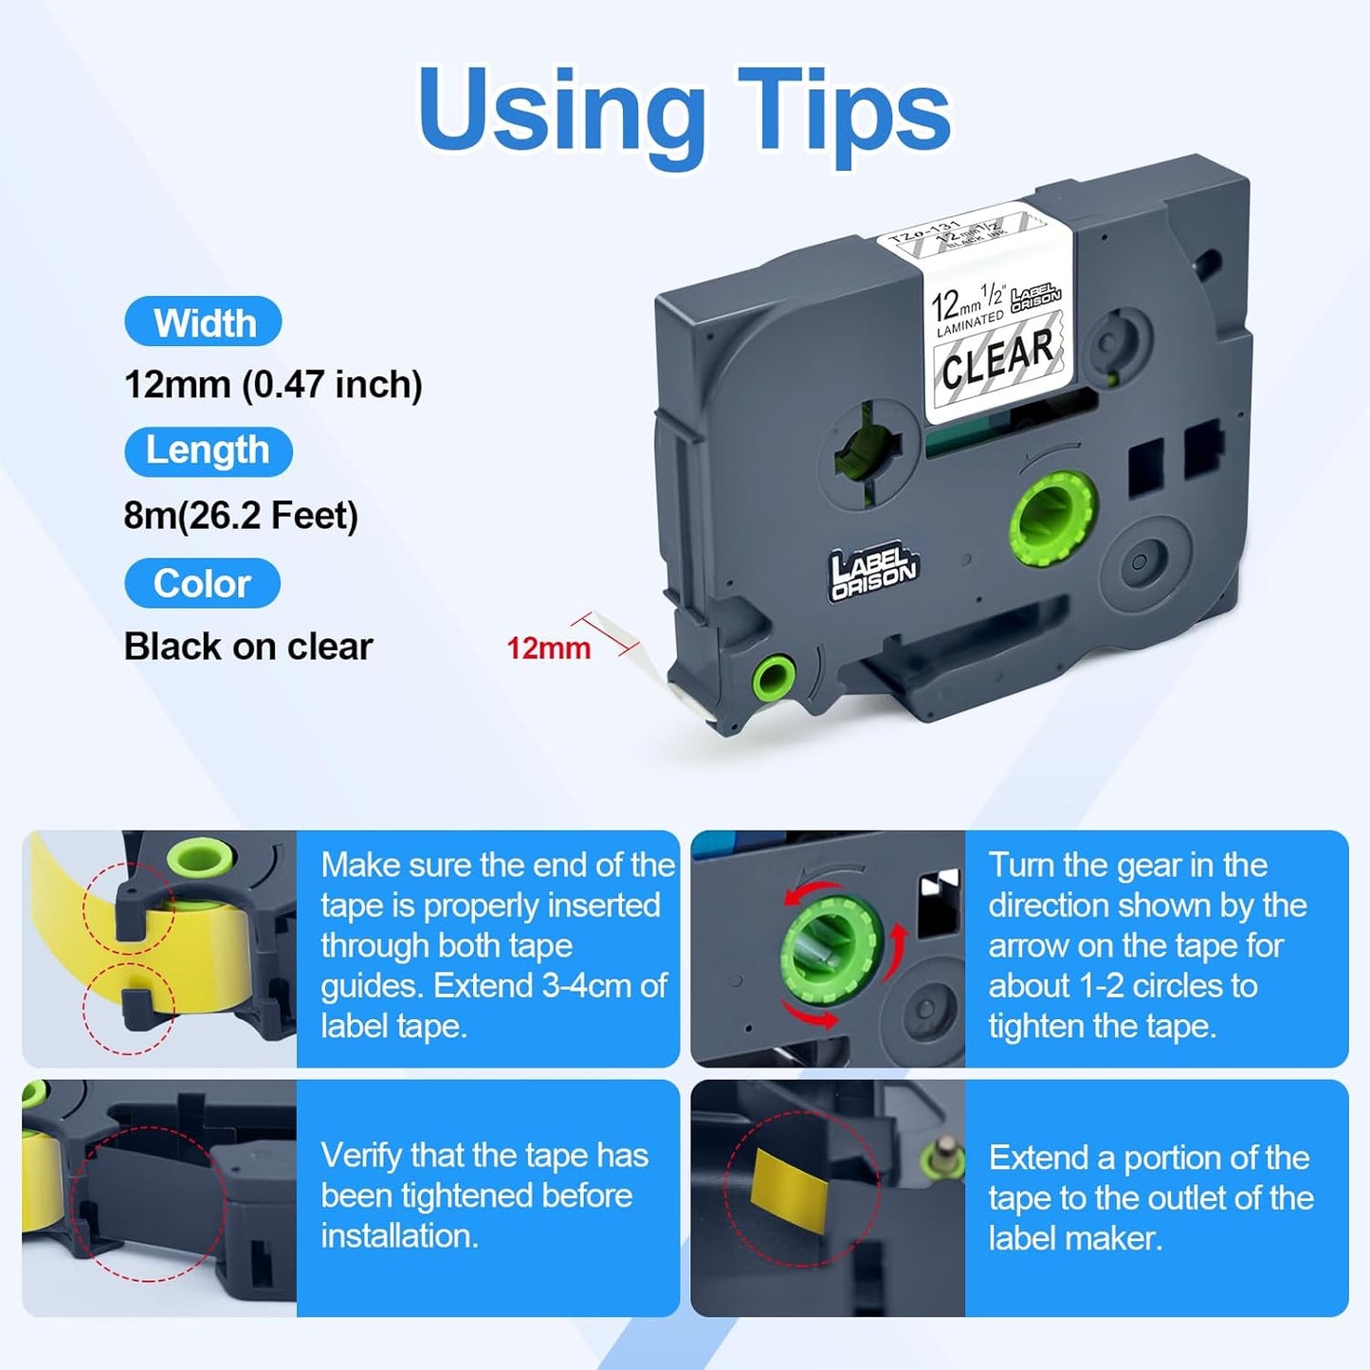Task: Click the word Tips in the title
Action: point(844,114)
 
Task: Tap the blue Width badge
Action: point(203,321)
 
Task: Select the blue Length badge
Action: point(209,450)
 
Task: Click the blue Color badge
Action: point(203,583)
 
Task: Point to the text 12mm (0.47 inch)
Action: point(274,385)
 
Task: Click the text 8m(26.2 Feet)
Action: point(241,516)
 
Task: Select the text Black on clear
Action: point(248,647)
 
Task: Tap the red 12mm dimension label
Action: point(548,648)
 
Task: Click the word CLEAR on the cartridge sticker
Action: point(998,359)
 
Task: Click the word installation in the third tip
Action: point(399,1236)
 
